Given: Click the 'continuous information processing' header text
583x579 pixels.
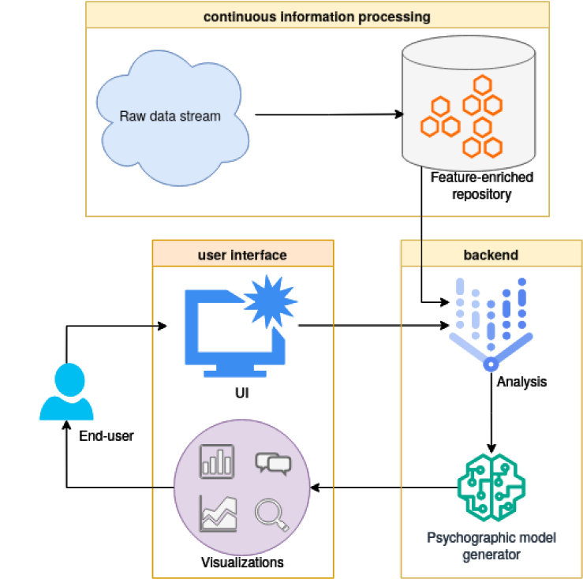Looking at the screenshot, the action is coord(317,17).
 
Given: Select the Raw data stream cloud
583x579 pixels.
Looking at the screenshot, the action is coord(173,118).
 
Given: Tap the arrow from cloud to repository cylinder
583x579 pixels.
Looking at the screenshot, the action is coord(330,114).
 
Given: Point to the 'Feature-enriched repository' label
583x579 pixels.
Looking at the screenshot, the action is coord(481,185).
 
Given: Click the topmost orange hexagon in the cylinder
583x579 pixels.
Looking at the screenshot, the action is coord(483,84).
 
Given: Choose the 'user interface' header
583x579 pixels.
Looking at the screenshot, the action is coord(242,255).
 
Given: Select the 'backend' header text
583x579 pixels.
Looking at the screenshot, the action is coord(491,255).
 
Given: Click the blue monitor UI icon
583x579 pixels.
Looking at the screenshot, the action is coord(235,333).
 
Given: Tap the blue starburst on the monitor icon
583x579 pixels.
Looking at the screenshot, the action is coord(271,301).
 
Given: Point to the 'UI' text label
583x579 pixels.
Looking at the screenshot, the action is coord(242,393).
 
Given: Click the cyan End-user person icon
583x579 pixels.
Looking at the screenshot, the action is coord(66,391).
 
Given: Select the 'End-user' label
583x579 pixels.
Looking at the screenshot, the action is coord(107,436).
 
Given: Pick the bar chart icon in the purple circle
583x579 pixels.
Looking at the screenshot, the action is coord(217,461).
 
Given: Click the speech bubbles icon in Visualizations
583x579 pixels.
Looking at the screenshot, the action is coord(273,464).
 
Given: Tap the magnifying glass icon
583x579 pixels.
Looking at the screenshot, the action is coord(272,515).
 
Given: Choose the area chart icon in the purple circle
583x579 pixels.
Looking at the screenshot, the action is coord(219,514).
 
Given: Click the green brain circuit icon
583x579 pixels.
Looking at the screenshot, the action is coord(491,487).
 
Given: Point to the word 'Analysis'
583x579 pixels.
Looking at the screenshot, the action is coord(521,382).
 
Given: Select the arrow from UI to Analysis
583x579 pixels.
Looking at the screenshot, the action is coord(374,325).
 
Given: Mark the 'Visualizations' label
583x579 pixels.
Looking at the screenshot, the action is coord(242,562).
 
